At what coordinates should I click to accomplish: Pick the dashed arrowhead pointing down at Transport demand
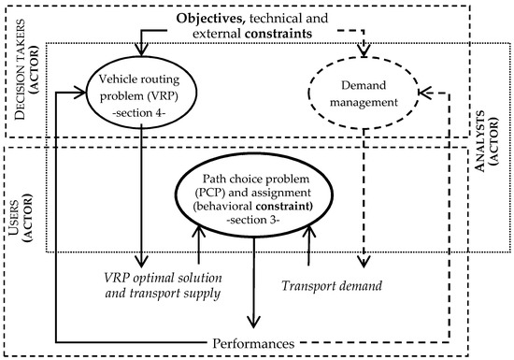(365, 259)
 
